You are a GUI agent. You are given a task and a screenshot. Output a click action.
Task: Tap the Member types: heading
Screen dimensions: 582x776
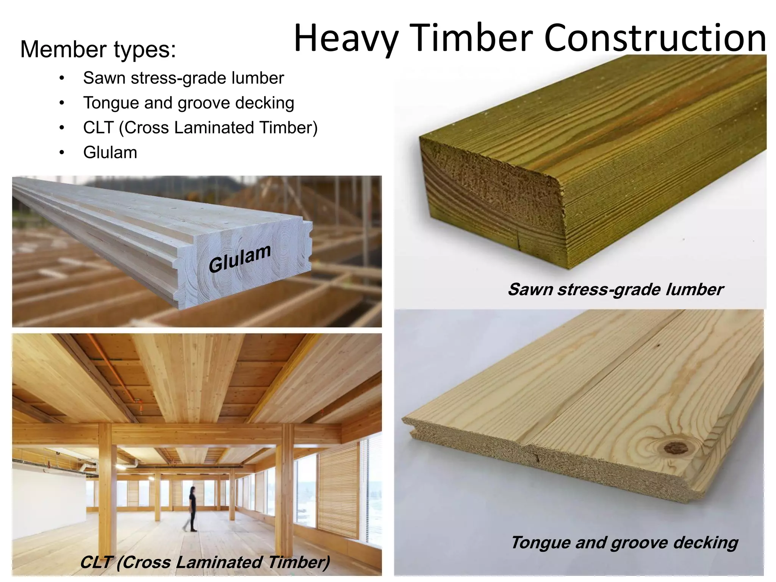[x=98, y=50]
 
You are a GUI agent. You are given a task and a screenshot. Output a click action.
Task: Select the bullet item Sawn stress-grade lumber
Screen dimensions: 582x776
[x=183, y=78]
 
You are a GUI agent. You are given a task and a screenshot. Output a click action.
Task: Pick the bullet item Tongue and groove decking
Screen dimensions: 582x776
[x=188, y=103]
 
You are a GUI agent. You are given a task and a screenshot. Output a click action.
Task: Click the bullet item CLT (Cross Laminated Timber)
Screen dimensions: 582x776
[x=200, y=128]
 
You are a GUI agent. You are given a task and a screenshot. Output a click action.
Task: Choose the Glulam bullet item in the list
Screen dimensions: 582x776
[x=110, y=152]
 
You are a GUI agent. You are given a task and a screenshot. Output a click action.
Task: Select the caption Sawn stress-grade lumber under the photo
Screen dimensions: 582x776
[x=615, y=289]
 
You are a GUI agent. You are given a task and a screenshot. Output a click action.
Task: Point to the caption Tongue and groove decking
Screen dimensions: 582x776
[x=624, y=543]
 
